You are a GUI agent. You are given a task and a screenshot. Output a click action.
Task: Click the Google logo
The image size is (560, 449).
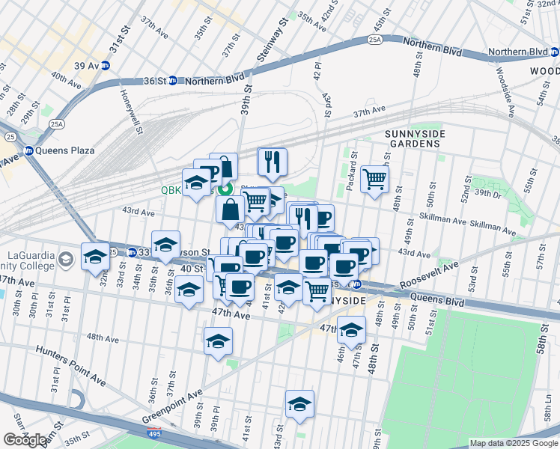pyautogui.click(x=25, y=440)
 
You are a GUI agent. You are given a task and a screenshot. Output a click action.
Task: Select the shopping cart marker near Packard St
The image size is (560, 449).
pyautogui.click(x=374, y=179)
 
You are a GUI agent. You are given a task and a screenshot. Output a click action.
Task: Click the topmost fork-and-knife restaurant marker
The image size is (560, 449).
pyautogui.click(x=272, y=161)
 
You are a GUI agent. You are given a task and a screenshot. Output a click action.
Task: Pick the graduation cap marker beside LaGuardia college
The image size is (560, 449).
pyautogui.click(x=94, y=257)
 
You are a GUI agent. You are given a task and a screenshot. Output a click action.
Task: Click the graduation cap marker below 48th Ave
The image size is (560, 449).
pyautogui.click(x=218, y=340)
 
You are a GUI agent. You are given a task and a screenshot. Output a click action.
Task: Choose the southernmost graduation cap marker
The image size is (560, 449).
pyautogui.click(x=299, y=403)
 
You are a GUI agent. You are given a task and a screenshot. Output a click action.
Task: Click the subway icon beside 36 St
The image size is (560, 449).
pyautogui.click(x=172, y=80)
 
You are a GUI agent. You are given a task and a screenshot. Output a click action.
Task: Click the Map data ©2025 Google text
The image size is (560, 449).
pyautogui.click(x=513, y=443)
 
